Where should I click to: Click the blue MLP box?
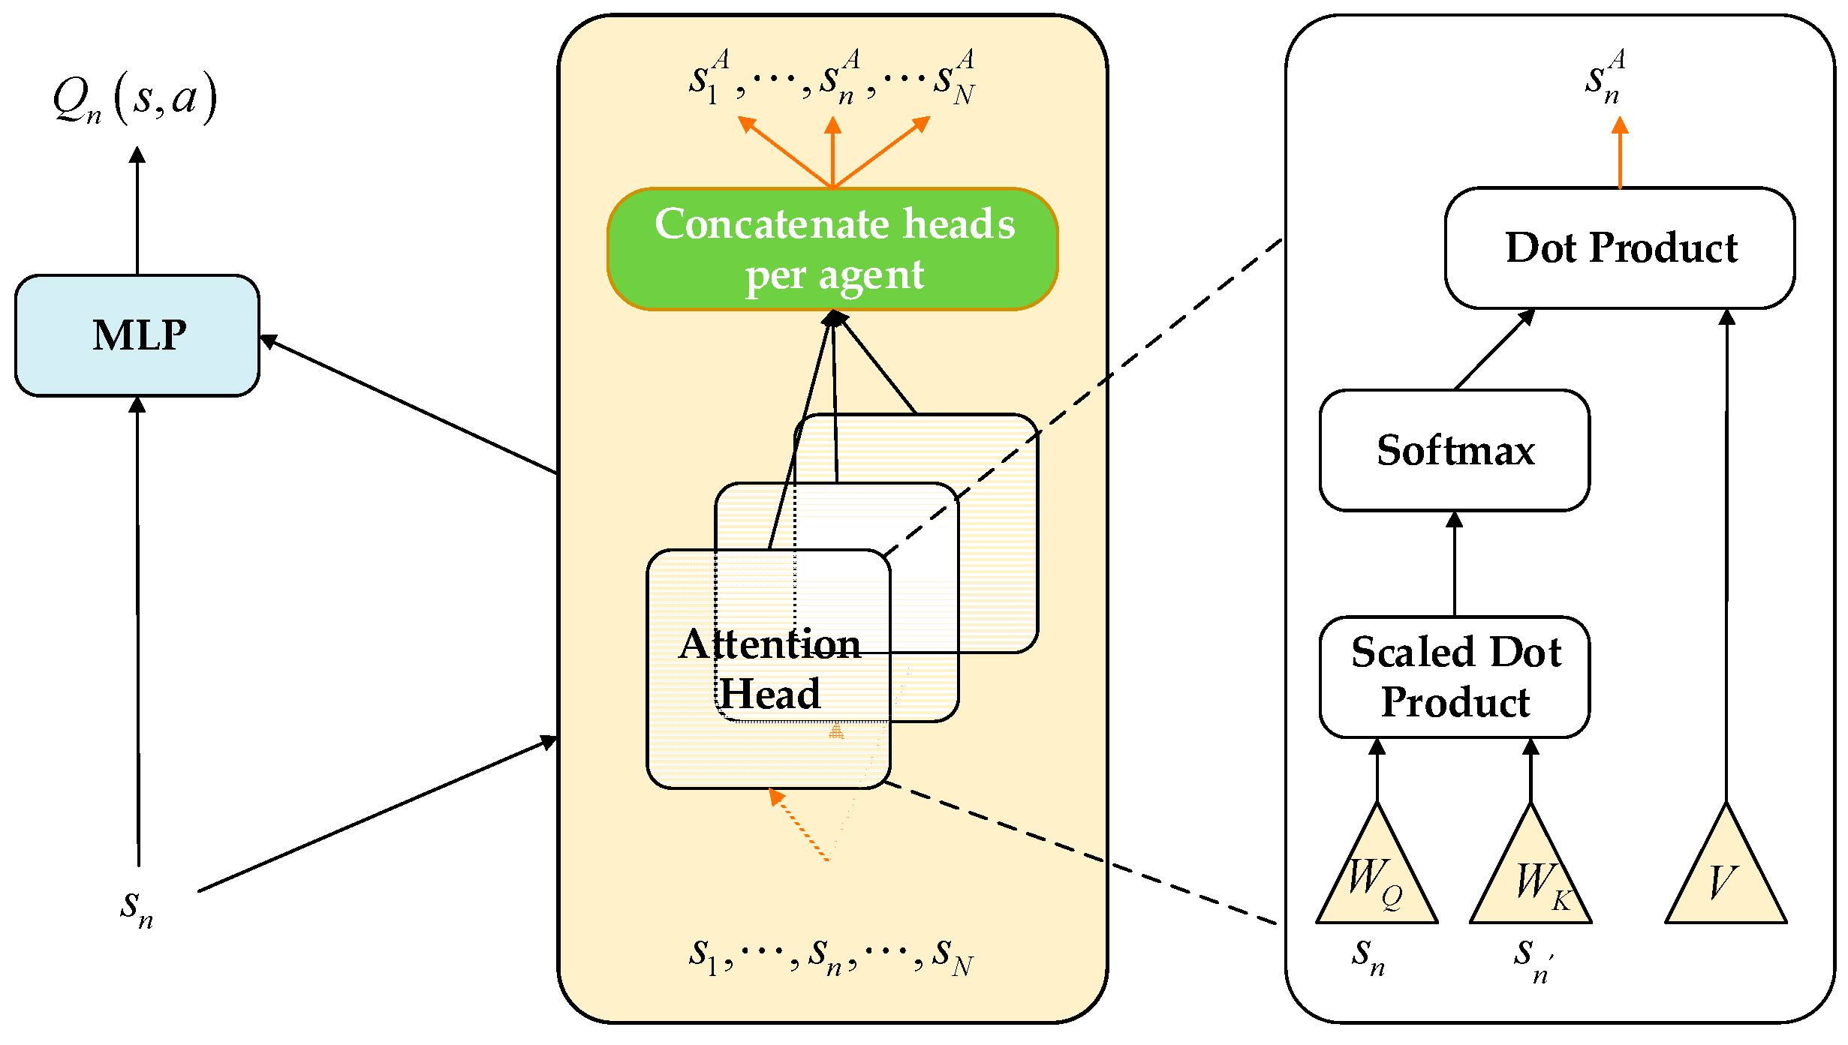click(137, 335)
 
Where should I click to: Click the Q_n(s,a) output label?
click(135, 98)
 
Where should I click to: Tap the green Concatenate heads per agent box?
click(832, 249)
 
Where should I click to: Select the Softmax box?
click(1454, 450)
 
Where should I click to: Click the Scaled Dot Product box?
click(1454, 677)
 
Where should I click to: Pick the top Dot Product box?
click(1619, 248)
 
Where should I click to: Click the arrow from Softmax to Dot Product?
click(1494, 350)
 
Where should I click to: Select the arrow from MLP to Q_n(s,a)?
click(137, 210)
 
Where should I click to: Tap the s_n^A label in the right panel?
click(1605, 77)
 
